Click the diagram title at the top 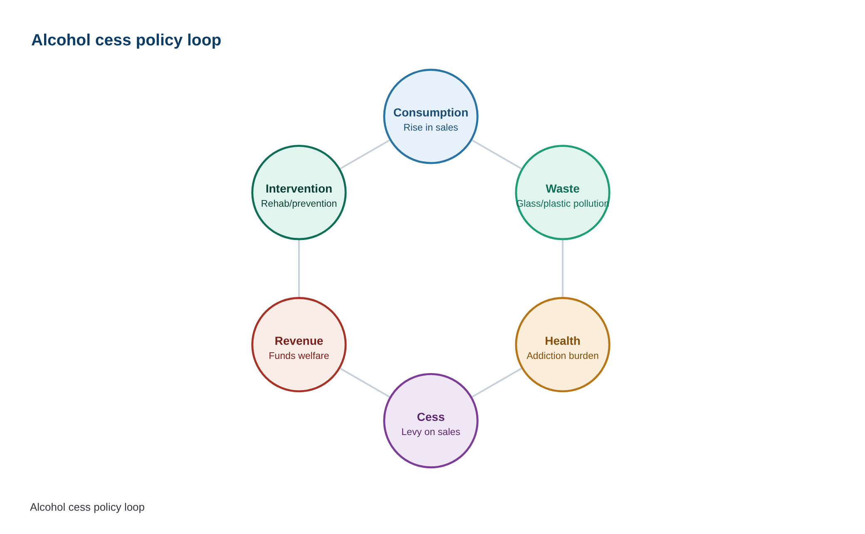[x=126, y=40]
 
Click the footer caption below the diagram [x=87, y=507]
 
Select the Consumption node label [x=431, y=113]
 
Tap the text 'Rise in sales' [x=431, y=127]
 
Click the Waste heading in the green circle [x=563, y=189]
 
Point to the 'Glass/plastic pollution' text [x=563, y=203]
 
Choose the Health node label [x=563, y=341]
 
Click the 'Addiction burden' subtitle [x=563, y=356]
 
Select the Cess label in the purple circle [x=431, y=417]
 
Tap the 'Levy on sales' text [x=431, y=432]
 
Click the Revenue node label [x=299, y=341]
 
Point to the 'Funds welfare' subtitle [x=299, y=356]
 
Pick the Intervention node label [x=299, y=189]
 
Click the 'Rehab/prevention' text [x=299, y=203]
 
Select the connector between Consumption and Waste [x=497, y=155]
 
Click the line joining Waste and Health [x=563, y=269]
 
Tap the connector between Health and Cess [x=497, y=383]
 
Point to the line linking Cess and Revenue [x=365, y=383]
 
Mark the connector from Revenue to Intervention [x=299, y=269]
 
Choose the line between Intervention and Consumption [x=365, y=155]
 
